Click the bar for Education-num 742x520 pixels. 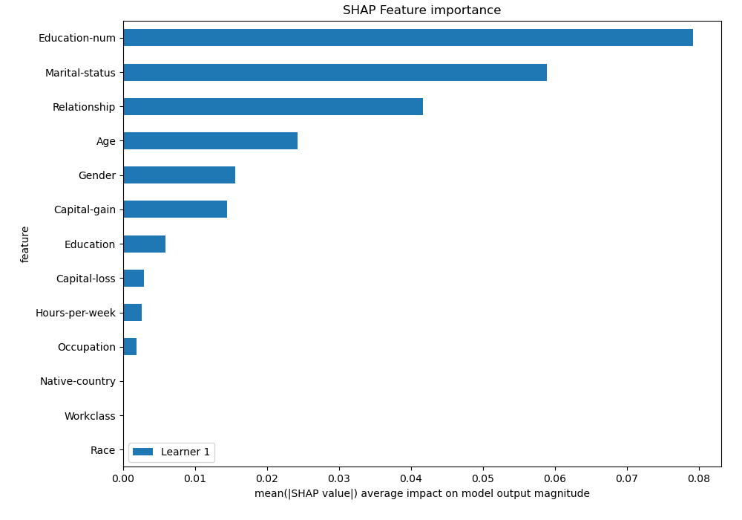[x=408, y=38]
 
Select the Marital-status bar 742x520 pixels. [x=335, y=73]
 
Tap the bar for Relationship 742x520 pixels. [x=273, y=107]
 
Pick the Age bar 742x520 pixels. [x=210, y=141]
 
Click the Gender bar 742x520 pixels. [x=179, y=175]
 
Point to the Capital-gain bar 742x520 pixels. [x=175, y=209]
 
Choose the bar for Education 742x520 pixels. [x=144, y=244]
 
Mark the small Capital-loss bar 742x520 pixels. [x=134, y=279]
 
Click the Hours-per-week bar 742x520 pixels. [x=132, y=313]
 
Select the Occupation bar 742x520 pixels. [x=130, y=347]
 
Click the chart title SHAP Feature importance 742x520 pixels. [x=421, y=10]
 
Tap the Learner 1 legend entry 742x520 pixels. [x=171, y=452]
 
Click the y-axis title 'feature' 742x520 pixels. [x=25, y=244]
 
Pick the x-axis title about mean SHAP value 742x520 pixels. [x=421, y=494]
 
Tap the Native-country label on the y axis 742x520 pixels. [x=78, y=382]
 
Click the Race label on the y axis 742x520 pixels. [x=102, y=450]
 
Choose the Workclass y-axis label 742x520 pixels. [x=90, y=416]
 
